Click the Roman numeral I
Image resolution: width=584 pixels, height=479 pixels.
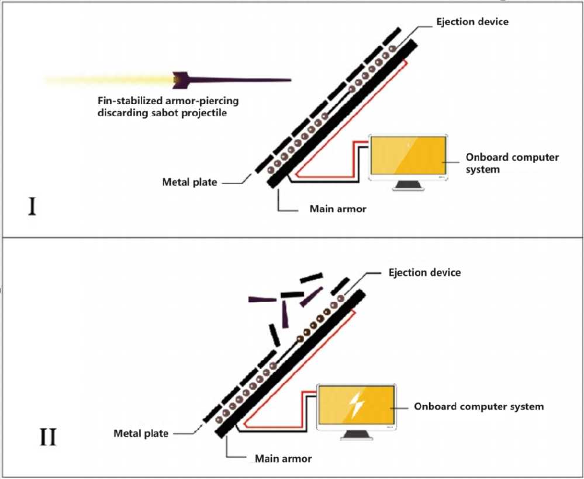32,207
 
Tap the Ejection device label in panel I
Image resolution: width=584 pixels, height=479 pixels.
472,22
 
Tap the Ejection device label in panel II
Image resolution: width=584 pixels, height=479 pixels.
424,272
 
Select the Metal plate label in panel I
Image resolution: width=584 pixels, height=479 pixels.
189,182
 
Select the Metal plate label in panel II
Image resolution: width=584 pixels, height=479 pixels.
141,433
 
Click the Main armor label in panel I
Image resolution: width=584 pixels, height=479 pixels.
337,209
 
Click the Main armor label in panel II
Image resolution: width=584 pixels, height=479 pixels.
284,459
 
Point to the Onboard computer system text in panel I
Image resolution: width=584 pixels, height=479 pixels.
512,162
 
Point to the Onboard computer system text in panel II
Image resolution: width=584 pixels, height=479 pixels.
479,406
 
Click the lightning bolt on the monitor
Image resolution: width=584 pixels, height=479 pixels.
355,405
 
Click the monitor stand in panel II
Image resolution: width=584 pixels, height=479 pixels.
355,434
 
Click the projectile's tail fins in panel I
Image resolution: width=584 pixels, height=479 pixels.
182,78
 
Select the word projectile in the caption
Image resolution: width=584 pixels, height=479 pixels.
204,113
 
